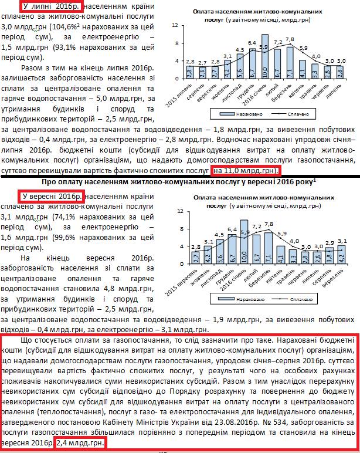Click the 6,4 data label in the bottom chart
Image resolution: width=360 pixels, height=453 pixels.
(232, 229)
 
